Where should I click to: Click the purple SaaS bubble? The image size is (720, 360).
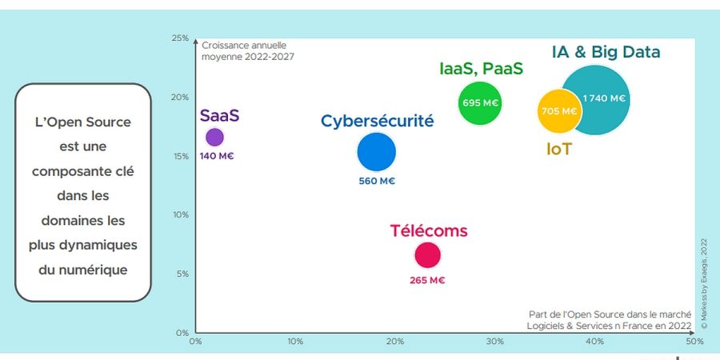coord(214,137)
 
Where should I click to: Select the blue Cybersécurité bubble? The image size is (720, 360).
coord(376,152)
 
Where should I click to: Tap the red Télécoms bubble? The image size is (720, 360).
coord(427,255)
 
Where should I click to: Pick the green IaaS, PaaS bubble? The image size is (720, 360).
coord(481,103)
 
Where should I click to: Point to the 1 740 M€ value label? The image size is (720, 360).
coord(604,98)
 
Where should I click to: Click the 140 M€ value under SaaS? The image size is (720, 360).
coord(216,156)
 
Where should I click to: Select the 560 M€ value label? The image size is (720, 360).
coord(377,181)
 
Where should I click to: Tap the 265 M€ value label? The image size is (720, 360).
coord(427,280)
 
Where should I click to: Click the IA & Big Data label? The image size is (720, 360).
coord(606,53)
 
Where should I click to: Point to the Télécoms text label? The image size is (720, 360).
coord(429,231)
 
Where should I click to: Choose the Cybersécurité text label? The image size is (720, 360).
coord(377,122)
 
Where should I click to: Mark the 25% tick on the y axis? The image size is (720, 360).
coord(180,38)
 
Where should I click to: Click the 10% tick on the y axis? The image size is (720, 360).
coord(180,214)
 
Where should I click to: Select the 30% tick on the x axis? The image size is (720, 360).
coord(494,342)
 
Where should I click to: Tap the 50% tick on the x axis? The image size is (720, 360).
coord(694,342)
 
